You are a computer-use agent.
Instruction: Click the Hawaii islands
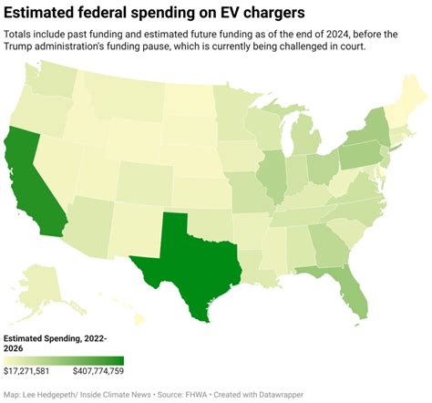click(137, 318)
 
